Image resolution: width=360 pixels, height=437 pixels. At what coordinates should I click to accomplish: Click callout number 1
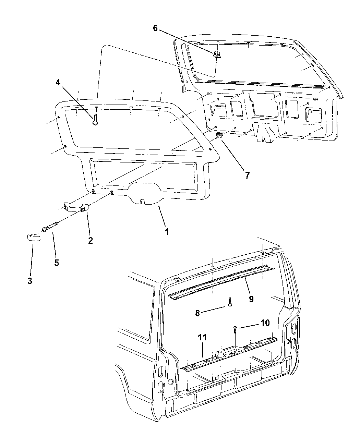pyautogui.click(x=167, y=232)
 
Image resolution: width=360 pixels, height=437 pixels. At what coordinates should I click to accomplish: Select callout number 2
pyautogui.click(x=90, y=240)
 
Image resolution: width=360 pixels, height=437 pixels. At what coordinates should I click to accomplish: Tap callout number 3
pyautogui.click(x=30, y=281)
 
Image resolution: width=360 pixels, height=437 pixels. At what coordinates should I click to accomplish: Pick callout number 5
pyautogui.click(x=56, y=263)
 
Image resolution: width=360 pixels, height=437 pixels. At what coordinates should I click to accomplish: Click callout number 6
pyautogui.click(x=155, y=28)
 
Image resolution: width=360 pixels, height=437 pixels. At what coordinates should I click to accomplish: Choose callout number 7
pyautogui.click(x=247, y=175)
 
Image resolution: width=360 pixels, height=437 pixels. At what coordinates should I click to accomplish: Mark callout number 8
pyautogui.click(x=197, y=313)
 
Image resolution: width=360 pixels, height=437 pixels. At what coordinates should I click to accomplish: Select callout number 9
pyautogui.click(x=251, y=299)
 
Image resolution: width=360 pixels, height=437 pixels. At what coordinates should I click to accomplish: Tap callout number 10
pyautogui.click(x=265, y=323)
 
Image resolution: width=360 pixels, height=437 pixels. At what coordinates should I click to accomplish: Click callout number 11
pyautogui.click(x=202, y=337)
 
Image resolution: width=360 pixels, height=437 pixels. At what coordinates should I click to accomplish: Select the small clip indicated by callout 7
pyautogui.click(x=219, y=137)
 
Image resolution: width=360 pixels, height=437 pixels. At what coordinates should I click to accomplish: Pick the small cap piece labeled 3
pyautogui.click(x=33, y=237)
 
